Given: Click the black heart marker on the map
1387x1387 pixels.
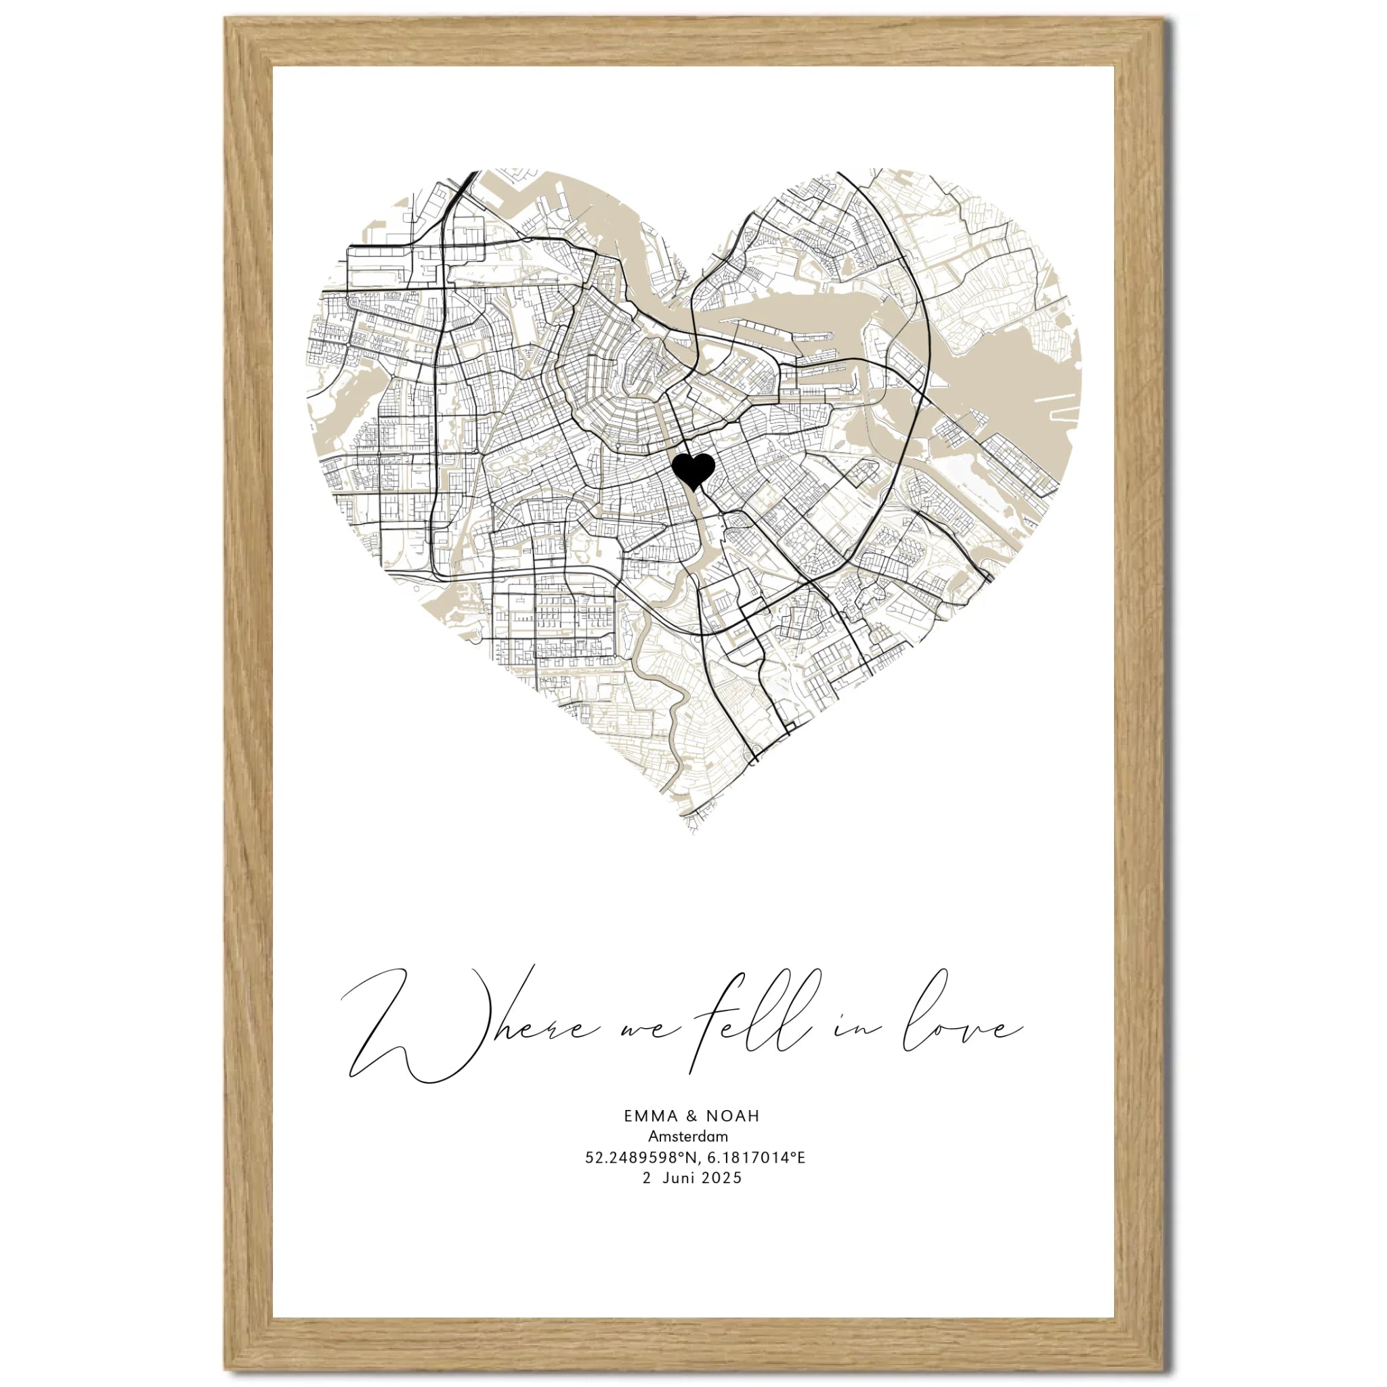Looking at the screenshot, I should [x=693, y=470].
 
